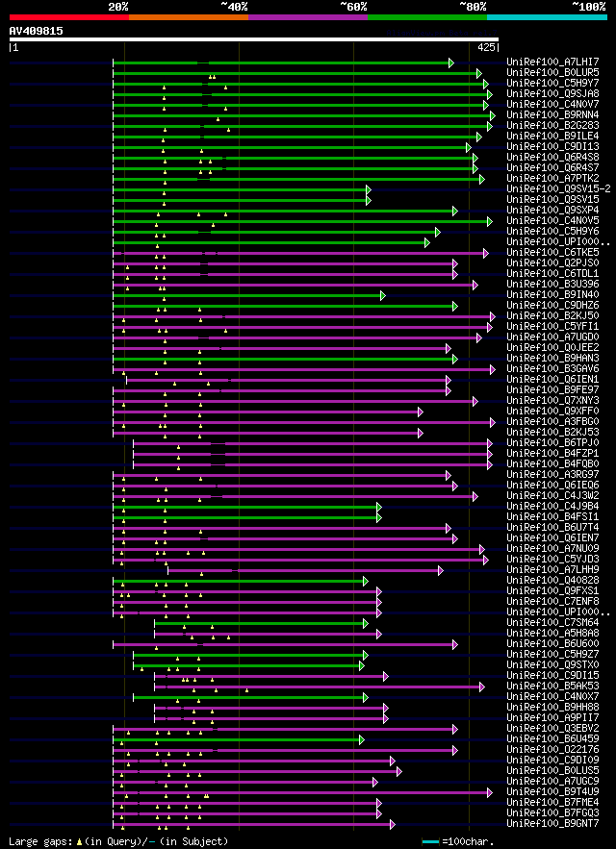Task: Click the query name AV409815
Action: click(36, 31)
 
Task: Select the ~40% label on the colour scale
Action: click(234, 6)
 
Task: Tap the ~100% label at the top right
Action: click(588, 6)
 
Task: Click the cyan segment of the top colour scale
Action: click(546, 16)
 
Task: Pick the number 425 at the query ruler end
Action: click(486, 46)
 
